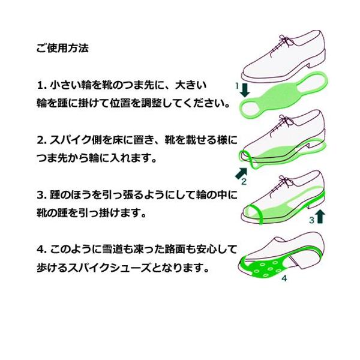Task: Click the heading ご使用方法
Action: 62,49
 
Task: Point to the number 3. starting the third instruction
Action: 42,194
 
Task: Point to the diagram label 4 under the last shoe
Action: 284,278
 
